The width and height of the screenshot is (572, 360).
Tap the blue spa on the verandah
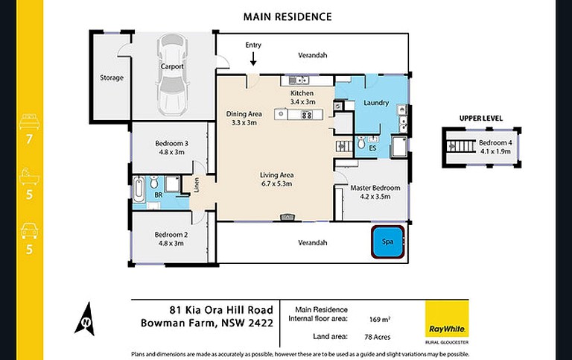[x=387, y=241]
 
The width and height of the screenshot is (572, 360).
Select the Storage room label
[x=112, y=78]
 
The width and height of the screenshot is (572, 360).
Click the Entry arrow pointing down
[x=254, y=58]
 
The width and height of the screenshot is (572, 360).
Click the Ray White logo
[x=447, y=318]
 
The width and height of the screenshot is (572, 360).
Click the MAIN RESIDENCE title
[x=287, y=16]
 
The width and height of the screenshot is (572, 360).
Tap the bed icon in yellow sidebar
[x=29, y=119]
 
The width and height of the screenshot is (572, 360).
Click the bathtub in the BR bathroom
[x=139, y=190]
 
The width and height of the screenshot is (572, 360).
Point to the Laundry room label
[x=376, y=103]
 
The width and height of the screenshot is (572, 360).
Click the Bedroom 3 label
[x=171, y=143]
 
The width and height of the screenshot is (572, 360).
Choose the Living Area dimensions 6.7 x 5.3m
[x=276, y=183]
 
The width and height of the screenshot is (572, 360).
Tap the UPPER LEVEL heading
[x=481, y=118]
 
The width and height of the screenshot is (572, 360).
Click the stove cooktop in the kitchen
[x=305, y=115]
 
